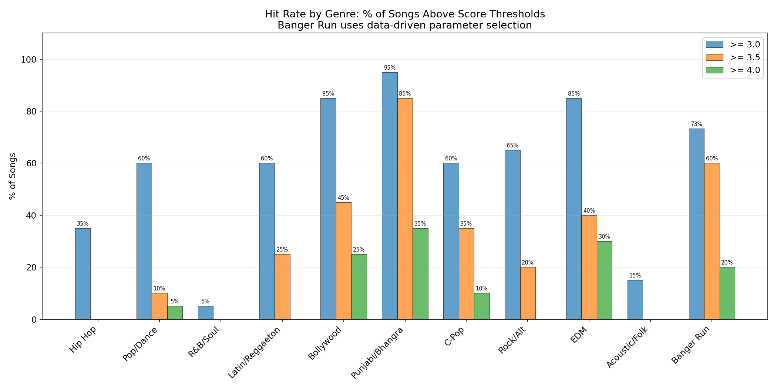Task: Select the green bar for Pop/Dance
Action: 175,313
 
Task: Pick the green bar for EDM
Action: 604,280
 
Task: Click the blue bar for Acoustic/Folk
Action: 635,300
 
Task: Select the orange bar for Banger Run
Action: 712,241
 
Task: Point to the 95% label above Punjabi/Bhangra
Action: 390,68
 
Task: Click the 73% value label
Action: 696,124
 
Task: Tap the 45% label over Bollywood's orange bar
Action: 343,198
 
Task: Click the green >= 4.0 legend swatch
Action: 714,70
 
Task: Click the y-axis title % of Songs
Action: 13,176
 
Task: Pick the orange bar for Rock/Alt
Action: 528,293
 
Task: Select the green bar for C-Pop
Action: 482,306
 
